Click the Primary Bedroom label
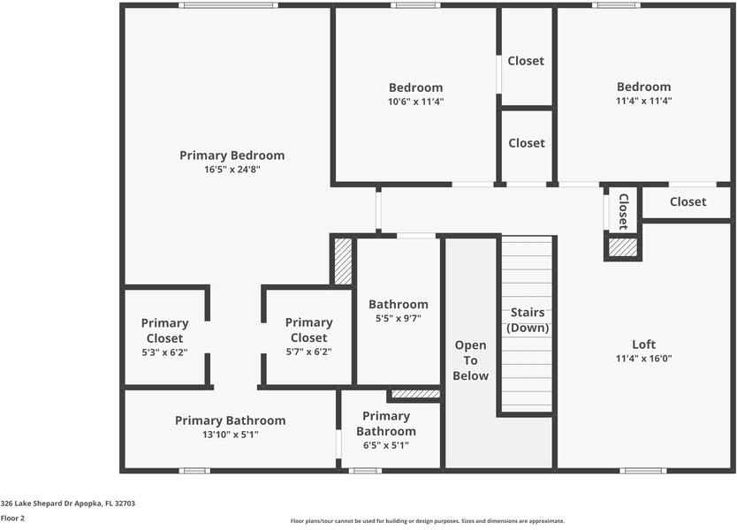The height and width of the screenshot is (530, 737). pyautogui.click(x=232, y=155)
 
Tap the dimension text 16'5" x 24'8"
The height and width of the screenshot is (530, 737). pyautogui.click(x=232, y=170)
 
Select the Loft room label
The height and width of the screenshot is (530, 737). pyautogui.click(x=643, y=344)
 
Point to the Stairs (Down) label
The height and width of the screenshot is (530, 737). pyautogui.click(x=527, y=321)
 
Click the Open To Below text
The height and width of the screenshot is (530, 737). pyautogui.click(x=470, y=360)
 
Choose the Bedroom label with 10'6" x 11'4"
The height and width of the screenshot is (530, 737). pyautogui.click(x=415, y=87)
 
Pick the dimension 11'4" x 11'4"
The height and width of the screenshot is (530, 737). pyautogui.click(x=643, y=101)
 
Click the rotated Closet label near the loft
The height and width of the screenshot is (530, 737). pyautogui.click(x=623, y=210)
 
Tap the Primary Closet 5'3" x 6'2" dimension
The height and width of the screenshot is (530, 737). pyautogui.click(x=164, y=352)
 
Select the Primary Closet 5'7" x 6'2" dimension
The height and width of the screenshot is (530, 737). pyautogui.click(x=308, y=352)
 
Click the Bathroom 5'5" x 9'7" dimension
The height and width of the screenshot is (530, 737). pyautogui.click(x=398, y=319)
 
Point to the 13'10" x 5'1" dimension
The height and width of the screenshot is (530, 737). pyautogui.click(x=230, y=435)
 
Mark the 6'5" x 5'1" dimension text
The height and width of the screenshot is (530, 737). pyautogui.click(x=386, y=445)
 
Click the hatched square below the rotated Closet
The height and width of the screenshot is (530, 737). pyautogui.click(x=623, y=247)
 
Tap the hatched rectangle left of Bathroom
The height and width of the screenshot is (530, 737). pyautogui.click(x=342, y=262)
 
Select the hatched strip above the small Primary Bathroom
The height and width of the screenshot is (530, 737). pyautogui.click(x=414, y=394)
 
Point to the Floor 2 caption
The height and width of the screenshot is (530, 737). pyautogui.click(x=12, y=518)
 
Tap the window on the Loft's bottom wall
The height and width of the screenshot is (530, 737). pyautogui.click(x=643, y=471)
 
